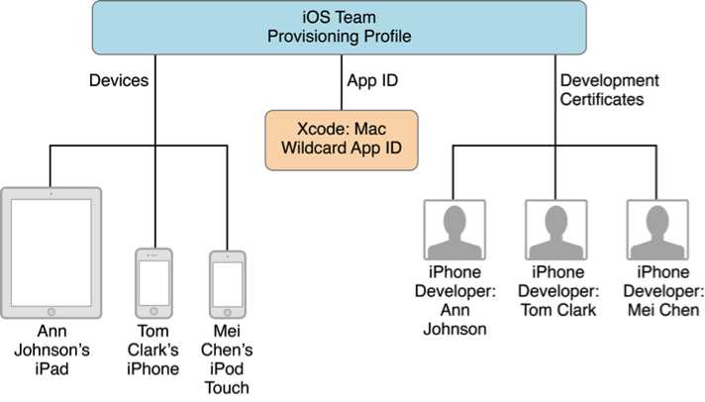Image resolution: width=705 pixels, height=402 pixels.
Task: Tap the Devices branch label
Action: [x=118, y=81]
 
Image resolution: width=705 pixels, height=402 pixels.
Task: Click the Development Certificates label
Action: [x=610, y=89]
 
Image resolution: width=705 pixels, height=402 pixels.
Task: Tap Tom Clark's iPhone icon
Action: [x=153, y=284]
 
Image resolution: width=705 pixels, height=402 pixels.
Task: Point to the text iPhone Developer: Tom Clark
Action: [x=557, y=291]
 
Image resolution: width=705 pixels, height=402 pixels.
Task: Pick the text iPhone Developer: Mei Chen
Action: [x=661, y=291]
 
